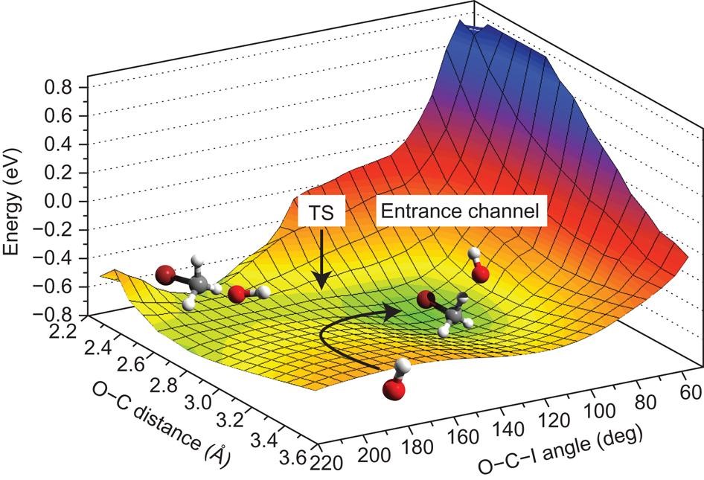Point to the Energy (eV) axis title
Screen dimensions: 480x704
pyautogui.click(x=13, y=201)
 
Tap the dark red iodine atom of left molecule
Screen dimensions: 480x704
pyautogui.click(x=166, y=277)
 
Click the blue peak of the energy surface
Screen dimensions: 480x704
pyautogui.click(x=476, y=37)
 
